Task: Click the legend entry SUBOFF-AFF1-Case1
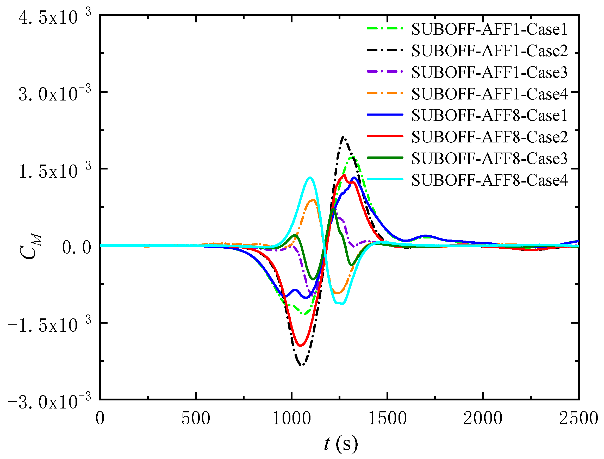(489, 29)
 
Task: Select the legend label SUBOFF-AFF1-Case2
(489, 51)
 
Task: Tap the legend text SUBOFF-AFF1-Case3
(489, 72)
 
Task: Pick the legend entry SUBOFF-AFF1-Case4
(489, 94)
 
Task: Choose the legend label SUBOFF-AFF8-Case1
(489, 115)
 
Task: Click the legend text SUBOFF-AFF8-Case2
(489, 137)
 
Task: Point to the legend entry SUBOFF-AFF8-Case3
(489, 159)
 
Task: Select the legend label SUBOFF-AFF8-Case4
(489, 180)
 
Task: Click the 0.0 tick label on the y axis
(77, 248)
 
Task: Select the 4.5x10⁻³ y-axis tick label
(55, 17)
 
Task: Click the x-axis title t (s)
(340, 444)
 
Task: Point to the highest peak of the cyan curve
(310, 178)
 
